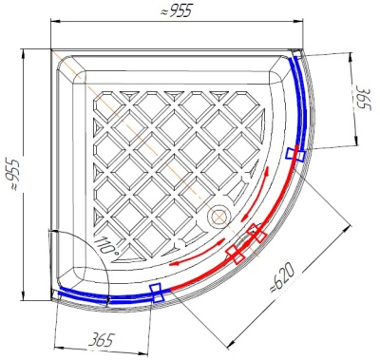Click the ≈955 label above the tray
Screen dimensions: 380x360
click(177, 11)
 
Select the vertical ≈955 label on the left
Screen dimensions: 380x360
click(14, 175)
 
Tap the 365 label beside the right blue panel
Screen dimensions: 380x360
click(362, 98)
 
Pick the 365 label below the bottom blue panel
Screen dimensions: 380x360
click(101, 340)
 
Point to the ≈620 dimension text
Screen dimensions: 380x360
click(281, 279)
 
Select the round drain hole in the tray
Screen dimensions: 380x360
click(218, 217)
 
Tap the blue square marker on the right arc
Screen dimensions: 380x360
click(295, 155)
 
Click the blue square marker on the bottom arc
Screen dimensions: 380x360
click(157, 293)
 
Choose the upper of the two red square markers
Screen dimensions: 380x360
click(256, 233)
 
